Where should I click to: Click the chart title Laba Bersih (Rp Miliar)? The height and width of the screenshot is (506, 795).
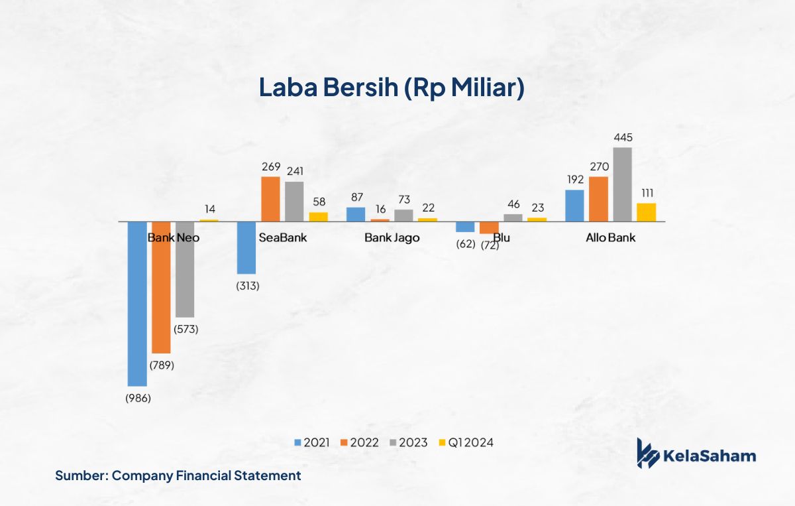tap(391, 88)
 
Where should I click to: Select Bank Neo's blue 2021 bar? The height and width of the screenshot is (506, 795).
tap(137, 303)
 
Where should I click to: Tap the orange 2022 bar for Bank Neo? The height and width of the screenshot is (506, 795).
tap(161, 286)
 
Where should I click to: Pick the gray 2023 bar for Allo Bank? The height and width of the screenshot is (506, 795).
tap(622, 184)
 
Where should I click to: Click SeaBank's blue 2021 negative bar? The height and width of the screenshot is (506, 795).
tap(246, 247)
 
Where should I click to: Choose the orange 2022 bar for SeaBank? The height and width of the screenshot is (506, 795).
tap(270, 198)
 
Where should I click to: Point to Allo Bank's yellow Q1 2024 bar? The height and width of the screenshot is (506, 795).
tap(646, 212)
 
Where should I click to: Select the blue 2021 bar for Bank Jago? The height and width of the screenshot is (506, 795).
tap(356, 214)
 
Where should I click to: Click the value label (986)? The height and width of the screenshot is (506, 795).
tap(138, 399)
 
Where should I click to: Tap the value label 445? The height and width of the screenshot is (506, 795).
tap(623, 138)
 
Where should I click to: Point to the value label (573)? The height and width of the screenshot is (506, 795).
tap(185, 329)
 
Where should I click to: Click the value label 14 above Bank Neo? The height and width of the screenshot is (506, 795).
tap(209, 209)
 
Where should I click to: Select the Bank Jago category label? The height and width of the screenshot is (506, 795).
tap(392, 237)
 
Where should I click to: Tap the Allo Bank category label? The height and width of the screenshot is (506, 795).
tap(610, 237)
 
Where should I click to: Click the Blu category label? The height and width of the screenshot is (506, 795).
tap(502, 237)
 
